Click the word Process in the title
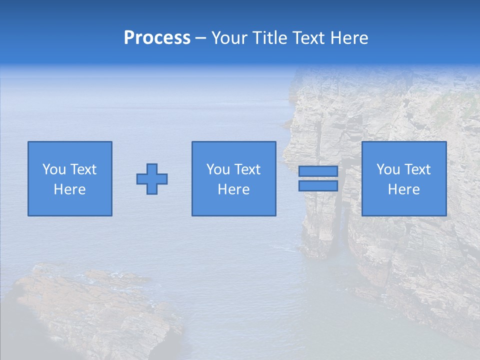(157, 38)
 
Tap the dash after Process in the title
(200, 38)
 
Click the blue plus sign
(152, 179)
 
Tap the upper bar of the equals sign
(318, 171)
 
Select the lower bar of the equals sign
(318, 186)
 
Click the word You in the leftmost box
(54, 169)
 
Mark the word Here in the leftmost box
(69, 189)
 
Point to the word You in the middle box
(218, 169)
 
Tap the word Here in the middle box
(233, 189)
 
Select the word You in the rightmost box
(388, 169)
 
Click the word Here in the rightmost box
(403, 189)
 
